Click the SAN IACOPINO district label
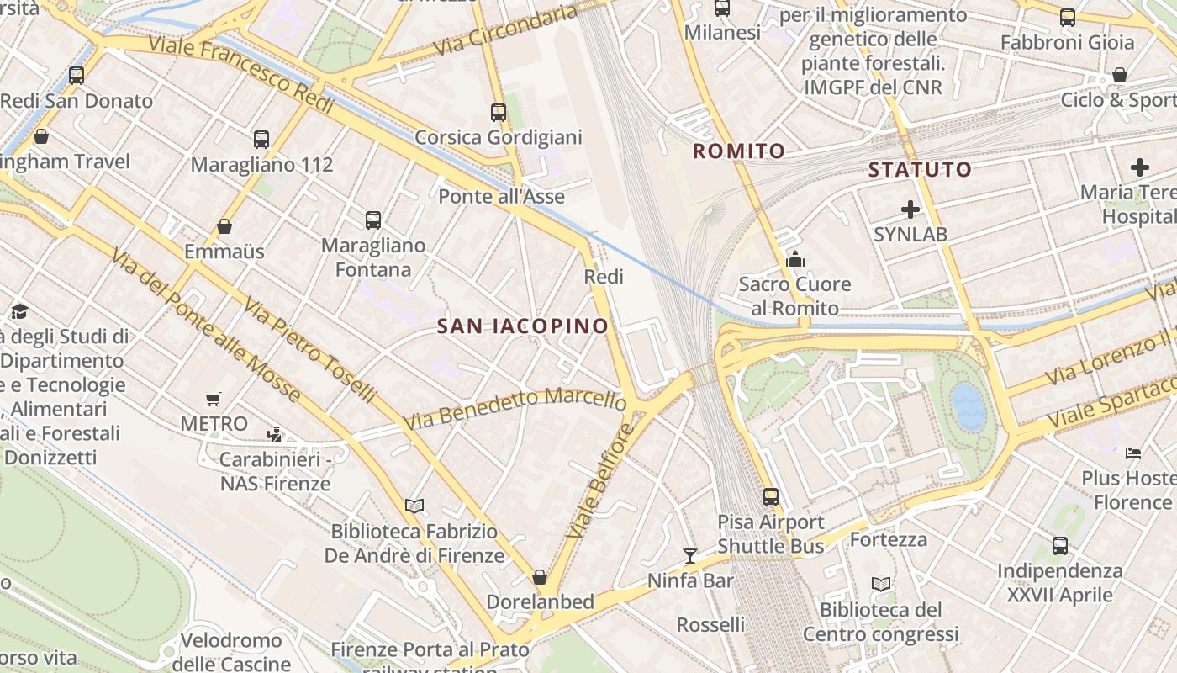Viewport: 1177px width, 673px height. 522,326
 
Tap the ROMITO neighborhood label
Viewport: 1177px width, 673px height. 738,151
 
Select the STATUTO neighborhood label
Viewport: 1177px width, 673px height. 920,170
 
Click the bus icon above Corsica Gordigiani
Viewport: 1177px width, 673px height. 499,112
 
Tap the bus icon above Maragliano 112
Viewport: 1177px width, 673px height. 261,139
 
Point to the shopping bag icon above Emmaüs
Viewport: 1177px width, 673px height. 224,226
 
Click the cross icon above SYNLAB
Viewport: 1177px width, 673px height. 910,209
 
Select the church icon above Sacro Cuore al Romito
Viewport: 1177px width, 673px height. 794,259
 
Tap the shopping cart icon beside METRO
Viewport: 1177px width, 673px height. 214,399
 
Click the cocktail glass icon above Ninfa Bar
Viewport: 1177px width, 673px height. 690,555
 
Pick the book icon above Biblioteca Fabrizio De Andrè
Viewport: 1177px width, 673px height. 414,506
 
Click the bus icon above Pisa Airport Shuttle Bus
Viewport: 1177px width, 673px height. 771,496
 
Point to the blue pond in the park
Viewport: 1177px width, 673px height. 968,407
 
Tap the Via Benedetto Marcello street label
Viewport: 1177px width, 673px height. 515,406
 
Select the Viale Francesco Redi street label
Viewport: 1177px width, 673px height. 242,75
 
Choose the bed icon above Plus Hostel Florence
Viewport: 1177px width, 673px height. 1133,453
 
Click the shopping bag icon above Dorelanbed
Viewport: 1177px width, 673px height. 540,577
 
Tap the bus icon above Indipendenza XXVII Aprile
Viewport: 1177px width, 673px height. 1060,545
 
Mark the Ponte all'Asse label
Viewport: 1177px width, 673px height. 502,196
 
